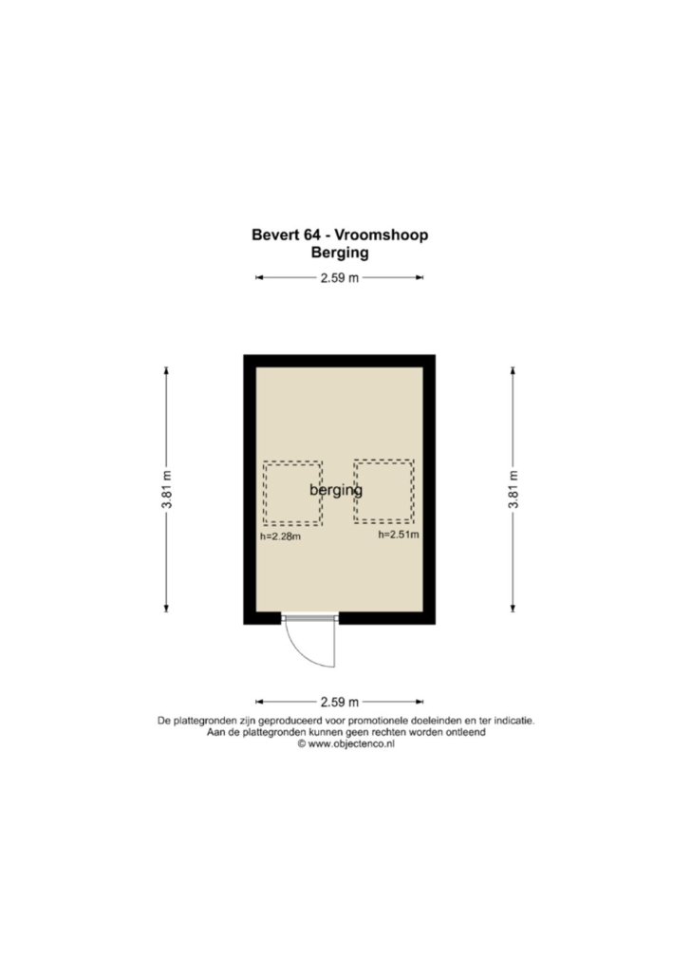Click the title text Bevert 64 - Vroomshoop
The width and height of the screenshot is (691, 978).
[340, 235]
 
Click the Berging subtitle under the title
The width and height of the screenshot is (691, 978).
[340, 253]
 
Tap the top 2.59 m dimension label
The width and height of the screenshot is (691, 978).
[340, 278]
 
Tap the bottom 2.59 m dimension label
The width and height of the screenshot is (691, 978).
[340, 703]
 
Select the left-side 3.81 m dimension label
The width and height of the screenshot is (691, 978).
[166, 490]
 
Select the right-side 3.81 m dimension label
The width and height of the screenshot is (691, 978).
[514, 490]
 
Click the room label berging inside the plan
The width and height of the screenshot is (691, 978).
[336, 490]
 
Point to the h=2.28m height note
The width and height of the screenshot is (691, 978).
[281, 536]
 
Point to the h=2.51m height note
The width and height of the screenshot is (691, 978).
[399, 535]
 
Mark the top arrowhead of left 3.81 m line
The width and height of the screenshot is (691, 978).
[166, 370]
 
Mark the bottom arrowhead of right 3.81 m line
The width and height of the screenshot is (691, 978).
[514, 609]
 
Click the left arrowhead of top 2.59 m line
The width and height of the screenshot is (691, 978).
[259, 278]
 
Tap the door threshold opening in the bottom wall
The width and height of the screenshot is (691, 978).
[310, 618]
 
